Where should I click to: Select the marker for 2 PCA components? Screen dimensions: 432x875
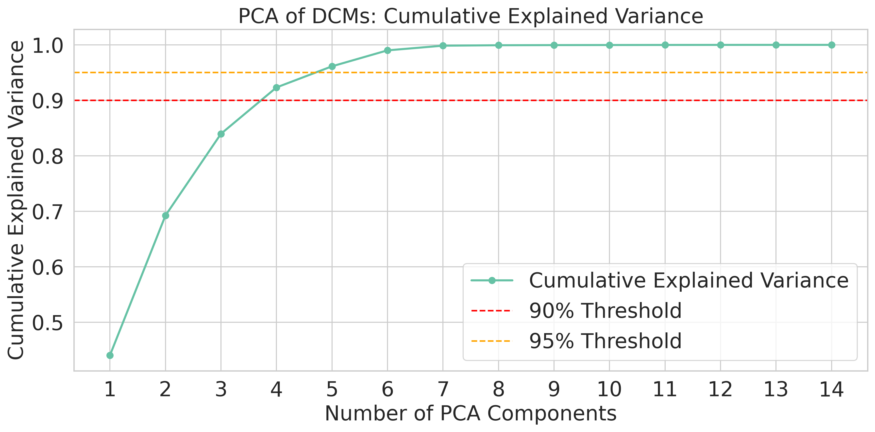pos(166,216)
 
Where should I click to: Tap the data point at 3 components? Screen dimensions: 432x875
pos(221,134)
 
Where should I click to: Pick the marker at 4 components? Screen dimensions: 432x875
pos(276,88)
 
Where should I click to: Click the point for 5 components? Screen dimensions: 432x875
pos(332,66)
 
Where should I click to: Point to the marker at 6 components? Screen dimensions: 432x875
pos(387,50)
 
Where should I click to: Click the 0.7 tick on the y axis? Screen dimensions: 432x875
pos(48,212)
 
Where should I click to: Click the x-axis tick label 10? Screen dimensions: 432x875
pos(609,390)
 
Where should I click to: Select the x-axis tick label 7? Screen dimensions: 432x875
pos(443,390)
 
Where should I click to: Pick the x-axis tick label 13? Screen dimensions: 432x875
pos(776,390)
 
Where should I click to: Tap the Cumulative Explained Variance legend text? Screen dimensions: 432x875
pos(689,281)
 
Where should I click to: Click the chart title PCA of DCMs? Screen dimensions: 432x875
pos(471,16)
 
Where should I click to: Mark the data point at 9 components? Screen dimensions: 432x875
pos(554,45)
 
